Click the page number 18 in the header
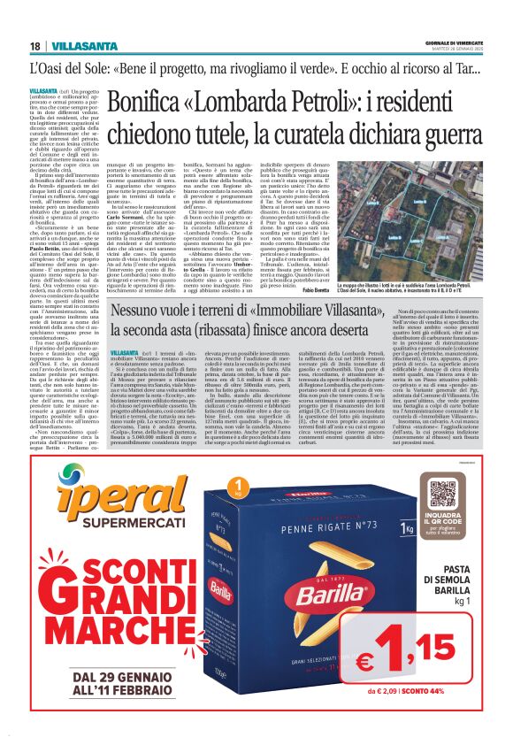point(34,46)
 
